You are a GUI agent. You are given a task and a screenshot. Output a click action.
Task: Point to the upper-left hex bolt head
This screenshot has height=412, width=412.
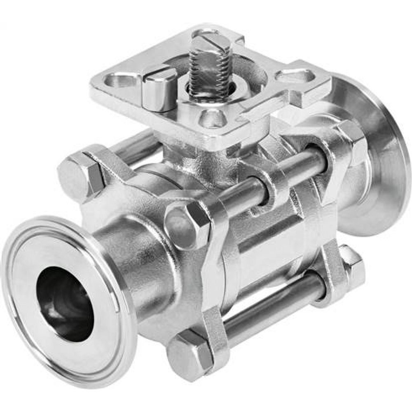(x=81, y=176)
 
